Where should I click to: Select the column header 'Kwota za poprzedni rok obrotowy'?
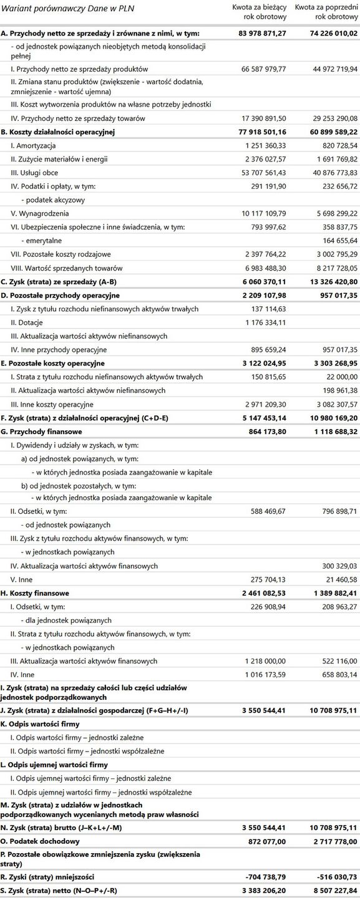[326, 11]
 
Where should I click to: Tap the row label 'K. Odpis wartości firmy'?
[39, 724]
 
